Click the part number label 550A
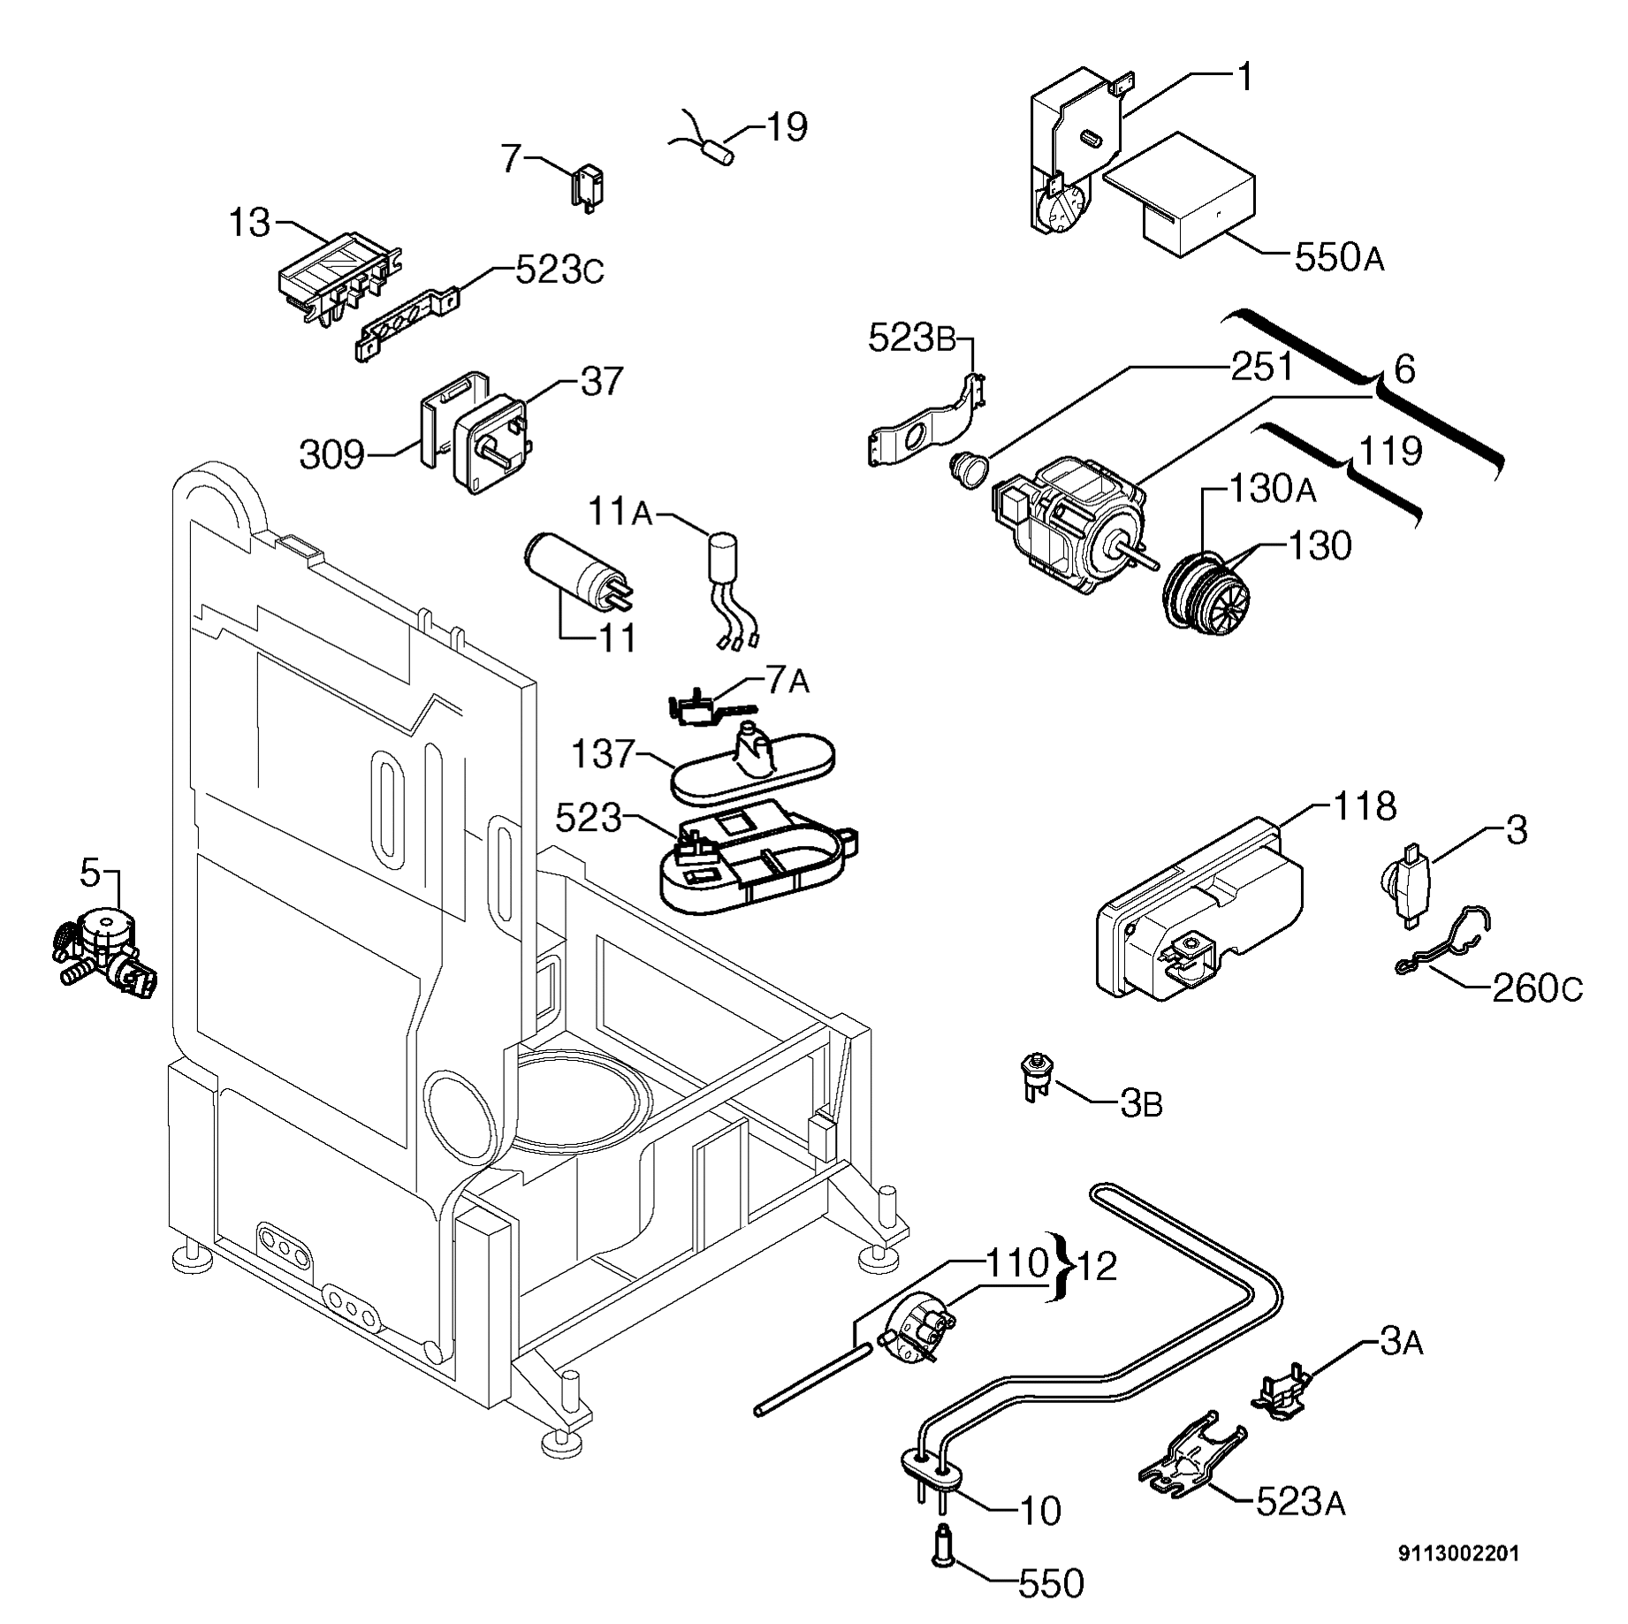(1338, 258)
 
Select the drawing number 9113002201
(1458, 1553)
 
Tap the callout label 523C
(559, 271)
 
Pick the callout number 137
(603, 754)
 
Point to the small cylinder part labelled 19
(723, 151)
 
